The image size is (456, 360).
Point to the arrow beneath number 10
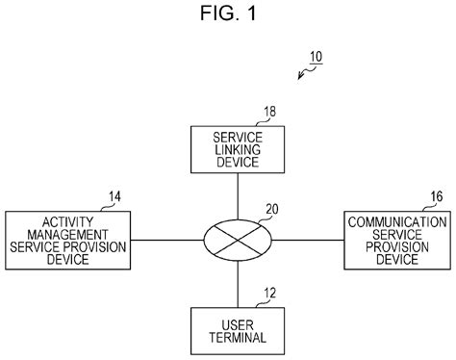(303, 73)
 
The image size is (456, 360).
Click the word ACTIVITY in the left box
(67, 221)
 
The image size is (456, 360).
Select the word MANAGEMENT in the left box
(67, 234)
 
